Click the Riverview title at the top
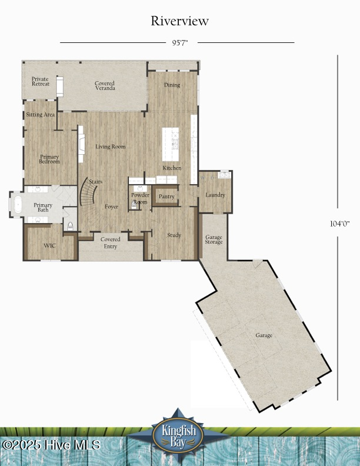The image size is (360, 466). (179, 21)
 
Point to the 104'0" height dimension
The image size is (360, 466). (339, 224)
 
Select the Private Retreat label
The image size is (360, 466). (41, 81)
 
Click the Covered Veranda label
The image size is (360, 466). (105, 86)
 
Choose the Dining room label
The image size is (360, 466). (172, 85)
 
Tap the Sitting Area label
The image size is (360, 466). (40, 115)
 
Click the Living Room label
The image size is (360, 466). (111, 147)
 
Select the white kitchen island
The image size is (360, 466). (171, 143)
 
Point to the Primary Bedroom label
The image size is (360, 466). (49, 159)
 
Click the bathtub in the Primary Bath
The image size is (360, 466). (17, 205)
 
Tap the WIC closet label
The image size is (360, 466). (49, 245)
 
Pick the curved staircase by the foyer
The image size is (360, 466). (88, 192)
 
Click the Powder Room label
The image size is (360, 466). (140, 198)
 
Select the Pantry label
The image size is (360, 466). (166, 197)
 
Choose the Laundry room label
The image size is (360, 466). (215, 195)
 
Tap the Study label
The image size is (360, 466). (174, 235)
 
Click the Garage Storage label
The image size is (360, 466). (214, 239)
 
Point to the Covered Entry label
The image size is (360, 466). (111, 242)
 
